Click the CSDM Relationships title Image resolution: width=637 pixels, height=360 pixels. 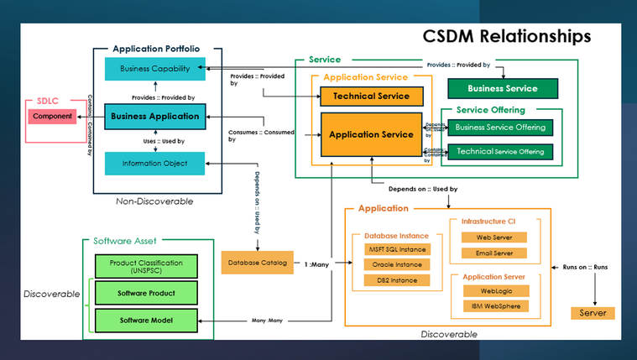(506, 37)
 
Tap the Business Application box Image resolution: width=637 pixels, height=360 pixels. (155, 116)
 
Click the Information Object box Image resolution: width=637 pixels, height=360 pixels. (155, 164)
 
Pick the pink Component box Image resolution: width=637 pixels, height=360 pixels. (52, 116)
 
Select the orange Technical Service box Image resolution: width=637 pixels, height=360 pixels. (371, 96)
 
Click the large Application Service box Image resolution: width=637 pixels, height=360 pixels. (371, 134)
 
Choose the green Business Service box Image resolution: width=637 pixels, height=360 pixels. (503, 88)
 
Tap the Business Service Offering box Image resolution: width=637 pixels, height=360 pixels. (501, 128)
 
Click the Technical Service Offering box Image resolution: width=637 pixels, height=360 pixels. (501, 152)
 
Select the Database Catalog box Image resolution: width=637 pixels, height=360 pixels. (256, 263)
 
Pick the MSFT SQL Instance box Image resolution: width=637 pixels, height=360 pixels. (397, 249)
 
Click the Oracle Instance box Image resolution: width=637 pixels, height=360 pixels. (397, 264)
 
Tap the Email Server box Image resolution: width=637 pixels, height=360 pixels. (495, 253)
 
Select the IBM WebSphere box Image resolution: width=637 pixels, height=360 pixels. (495, 305)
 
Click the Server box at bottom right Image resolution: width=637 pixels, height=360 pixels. (593, 313)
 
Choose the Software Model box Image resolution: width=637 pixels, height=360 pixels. (145, 320)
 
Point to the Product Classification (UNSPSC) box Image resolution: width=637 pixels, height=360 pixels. (145, 267)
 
